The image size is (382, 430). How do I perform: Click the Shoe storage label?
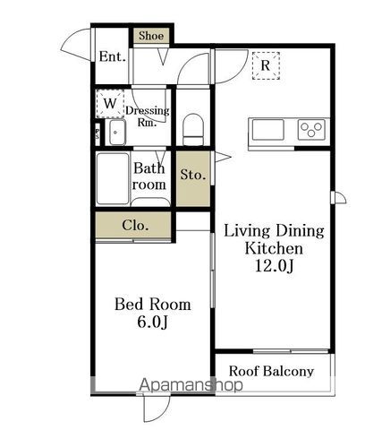151,36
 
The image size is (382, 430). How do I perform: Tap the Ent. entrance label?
112,56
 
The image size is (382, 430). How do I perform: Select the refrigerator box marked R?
266,65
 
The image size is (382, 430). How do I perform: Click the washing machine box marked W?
110,103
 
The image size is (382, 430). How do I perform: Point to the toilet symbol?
193,129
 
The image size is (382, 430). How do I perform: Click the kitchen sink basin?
267,130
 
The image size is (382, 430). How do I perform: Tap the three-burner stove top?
311,130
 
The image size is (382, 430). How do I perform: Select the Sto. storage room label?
193,175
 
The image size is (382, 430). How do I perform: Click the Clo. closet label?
135,225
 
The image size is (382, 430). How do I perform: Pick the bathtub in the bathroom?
113,179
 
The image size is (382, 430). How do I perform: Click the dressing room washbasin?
117,133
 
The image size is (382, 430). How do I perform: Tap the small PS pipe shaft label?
98,133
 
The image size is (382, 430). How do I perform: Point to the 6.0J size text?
152,322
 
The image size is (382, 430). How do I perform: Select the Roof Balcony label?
271,371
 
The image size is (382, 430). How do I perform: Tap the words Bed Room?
153,305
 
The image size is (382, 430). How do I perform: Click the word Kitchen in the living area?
274,248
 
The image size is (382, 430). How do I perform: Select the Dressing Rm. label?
148,116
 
